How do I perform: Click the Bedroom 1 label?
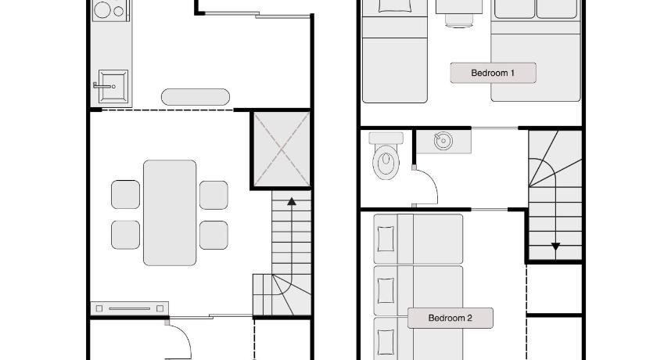pos(493,73)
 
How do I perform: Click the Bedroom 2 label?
pos(451,318)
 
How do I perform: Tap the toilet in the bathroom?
pos(386,156)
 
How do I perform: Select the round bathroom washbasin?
pos(443,141)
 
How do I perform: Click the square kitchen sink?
pos(113,86)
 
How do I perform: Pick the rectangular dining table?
pos(170,213)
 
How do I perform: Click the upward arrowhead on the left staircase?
pos(292,202)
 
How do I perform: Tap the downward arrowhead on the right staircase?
pos(555,247)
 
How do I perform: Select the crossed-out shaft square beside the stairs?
pos(282,149)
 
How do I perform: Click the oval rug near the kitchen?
pos(196,97)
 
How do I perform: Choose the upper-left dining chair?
pos(126,194)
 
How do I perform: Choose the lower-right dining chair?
pos(214,235)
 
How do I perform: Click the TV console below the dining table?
pos(130,308)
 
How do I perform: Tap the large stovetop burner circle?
pos(102,9)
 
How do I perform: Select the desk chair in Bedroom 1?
pos(459,20)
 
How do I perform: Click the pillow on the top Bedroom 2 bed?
pos(386,239)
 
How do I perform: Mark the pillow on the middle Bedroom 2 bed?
pos(386,290)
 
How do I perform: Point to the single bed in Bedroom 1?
pos(395,51)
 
